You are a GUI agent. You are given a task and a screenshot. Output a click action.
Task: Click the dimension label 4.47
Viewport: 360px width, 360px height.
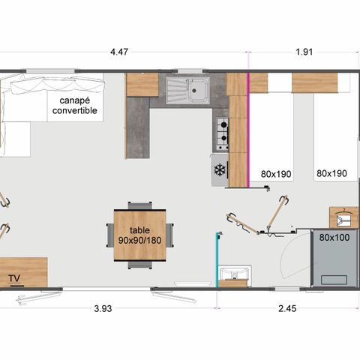[119, 52]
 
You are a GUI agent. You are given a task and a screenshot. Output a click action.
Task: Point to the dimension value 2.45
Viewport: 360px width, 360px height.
[287, 309]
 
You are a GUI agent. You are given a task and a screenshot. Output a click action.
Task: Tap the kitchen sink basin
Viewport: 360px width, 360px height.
[197, 91]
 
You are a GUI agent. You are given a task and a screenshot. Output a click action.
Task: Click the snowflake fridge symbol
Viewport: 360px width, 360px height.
[220, 170]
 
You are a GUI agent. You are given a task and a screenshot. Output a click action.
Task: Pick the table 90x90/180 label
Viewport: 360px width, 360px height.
[139, 235]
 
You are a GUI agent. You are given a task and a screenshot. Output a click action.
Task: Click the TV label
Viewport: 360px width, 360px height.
[13, 279]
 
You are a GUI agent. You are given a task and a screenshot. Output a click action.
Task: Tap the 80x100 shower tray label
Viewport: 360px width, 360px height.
[334, 237]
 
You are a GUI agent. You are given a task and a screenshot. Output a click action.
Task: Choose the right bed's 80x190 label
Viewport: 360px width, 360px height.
[331, 173]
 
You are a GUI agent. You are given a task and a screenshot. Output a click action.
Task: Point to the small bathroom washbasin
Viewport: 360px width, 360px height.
[233, 274]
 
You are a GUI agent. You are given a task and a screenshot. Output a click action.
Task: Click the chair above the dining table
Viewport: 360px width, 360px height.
[139, 205]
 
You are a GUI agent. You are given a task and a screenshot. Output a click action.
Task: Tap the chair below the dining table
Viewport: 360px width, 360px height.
[139, 264]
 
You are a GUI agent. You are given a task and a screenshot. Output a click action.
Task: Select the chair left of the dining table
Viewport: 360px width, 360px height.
[109, 235]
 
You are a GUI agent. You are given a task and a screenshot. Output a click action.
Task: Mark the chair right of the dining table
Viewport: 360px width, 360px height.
[170, 235]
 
